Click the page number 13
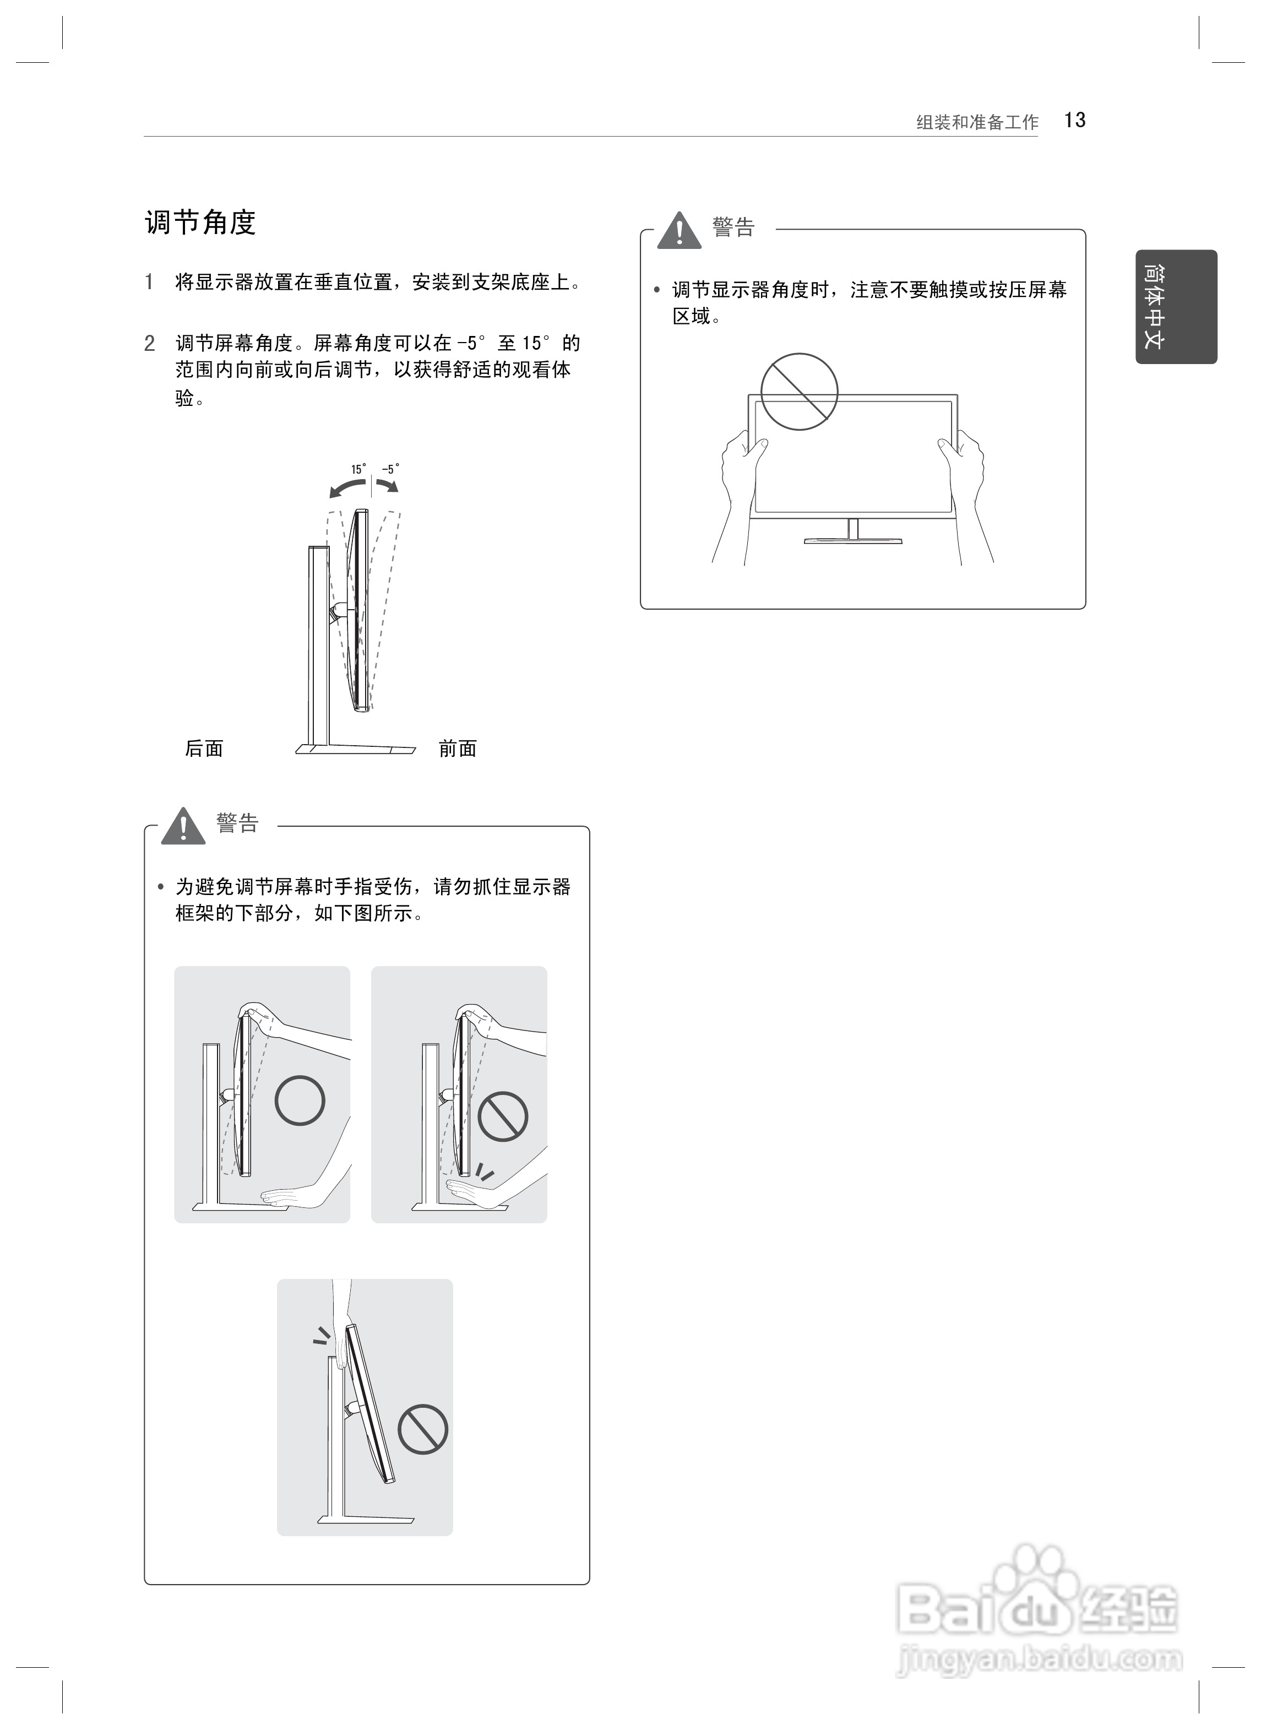tap(1075, 121)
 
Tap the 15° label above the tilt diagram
tap(358, 469)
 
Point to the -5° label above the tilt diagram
tap(390, 469)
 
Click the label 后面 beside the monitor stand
tap(204, 748)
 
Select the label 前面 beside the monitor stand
tap(457, 748)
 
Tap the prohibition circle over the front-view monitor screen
tap(799, 392)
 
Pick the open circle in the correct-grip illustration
tap(300, 1100)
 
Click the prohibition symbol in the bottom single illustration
tap(423, 1429)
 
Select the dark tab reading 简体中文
tap(1176, 306)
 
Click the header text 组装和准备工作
tap(977, 122)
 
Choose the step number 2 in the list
tap(150, 344)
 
